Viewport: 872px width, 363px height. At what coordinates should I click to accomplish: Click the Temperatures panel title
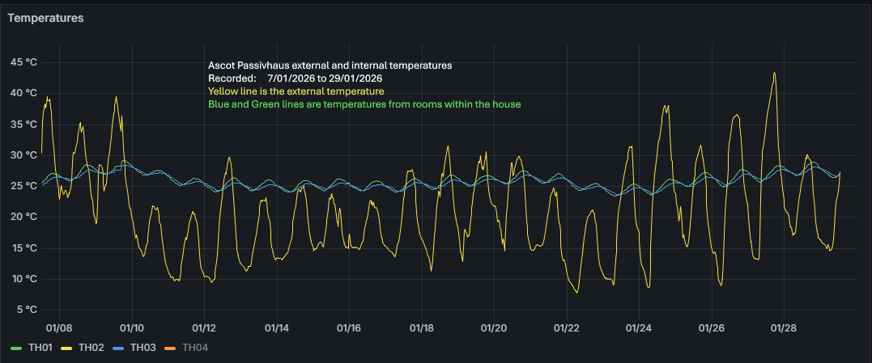point(46,17)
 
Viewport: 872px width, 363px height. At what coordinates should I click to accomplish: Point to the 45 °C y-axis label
point(23,62)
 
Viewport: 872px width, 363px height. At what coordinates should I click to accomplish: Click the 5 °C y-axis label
point(25,310)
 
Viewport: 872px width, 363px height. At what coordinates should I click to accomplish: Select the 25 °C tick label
point(23,186)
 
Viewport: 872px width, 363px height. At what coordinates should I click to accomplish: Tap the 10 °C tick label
point(23,279)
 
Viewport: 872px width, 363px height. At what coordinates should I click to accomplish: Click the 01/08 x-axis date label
point(59,328)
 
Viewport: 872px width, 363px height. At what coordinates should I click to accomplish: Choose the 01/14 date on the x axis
point(277,328)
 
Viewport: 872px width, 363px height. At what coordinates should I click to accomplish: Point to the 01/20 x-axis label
point(494,328)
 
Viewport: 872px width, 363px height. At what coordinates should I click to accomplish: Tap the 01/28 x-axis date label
point(784,328)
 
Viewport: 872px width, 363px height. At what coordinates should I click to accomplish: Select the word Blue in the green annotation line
point(219,104)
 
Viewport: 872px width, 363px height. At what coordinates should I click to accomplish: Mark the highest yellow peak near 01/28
point(775,73)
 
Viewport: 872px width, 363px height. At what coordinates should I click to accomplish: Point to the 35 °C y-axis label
point(23,124)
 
